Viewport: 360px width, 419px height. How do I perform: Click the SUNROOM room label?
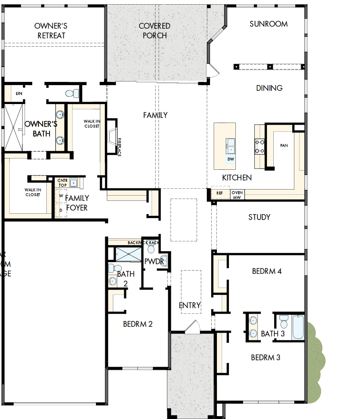(268, 24)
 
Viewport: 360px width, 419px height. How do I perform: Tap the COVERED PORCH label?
(154, 31)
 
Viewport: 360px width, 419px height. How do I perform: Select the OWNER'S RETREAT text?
(51, 31)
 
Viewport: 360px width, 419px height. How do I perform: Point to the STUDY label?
(259, 217)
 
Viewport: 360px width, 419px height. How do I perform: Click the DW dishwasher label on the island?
(231, 159)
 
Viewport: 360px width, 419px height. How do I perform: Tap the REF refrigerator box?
(219, 193)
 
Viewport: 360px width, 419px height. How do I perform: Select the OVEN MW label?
(237, 195)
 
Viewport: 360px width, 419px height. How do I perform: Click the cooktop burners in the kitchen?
(259, 146)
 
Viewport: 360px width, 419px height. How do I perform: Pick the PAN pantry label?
(284, 146)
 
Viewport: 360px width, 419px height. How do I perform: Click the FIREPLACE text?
(119, 147)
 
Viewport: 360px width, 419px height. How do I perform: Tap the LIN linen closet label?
(19, 93)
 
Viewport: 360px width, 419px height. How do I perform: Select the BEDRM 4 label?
(266, 271)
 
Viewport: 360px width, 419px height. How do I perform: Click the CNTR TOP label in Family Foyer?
(62, 183)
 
